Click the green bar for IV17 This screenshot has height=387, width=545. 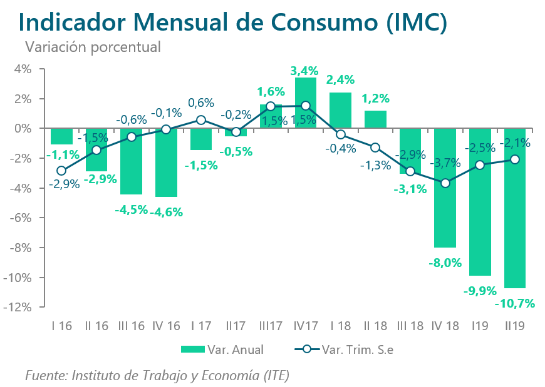coord(305,103)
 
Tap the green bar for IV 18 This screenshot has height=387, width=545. coord(445,188)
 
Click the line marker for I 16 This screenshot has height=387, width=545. coord(61,171)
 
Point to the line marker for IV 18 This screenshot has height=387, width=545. coord(445,183)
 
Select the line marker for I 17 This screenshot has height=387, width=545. coord(201,119)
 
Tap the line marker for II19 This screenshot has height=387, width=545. coord(515,159)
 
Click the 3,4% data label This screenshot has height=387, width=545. coord(305,71)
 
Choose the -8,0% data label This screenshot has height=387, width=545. coord(445,263)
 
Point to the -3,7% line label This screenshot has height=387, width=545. coord(445,164)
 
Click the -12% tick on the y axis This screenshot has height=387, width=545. coord(19,308)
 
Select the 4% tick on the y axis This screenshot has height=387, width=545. coord(23,69)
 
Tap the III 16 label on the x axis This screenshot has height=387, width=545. coord(131,326)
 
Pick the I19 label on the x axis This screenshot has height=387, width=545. coord(480,326)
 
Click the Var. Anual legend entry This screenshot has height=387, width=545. coord(222,349)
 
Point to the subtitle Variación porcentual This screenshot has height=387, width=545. coord(92,46)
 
